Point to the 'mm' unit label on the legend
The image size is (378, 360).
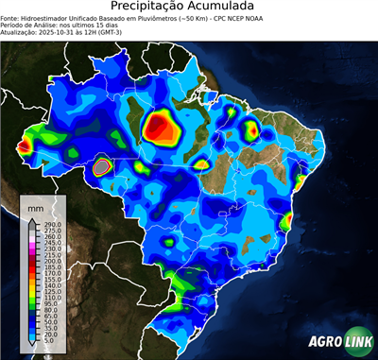(x=35, y=205)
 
